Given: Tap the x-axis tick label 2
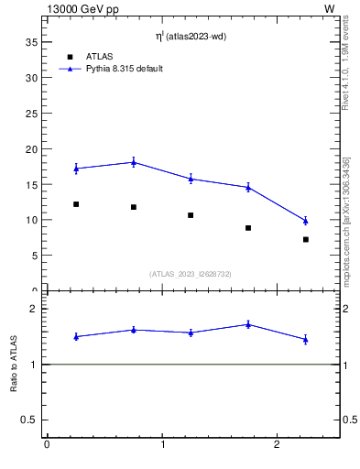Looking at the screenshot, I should [277, 445].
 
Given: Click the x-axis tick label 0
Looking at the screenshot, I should [47, 445].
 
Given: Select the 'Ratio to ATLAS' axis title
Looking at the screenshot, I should [14, 364].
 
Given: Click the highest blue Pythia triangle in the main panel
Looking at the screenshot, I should [134, 162].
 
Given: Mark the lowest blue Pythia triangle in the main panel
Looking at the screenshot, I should [305, 221].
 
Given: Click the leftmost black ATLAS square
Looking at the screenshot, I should [76, 204].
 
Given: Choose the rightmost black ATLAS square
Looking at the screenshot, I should [305, 239].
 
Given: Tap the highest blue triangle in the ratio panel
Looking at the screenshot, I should [248, 324].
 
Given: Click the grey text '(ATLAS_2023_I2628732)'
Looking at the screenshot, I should [191, 274].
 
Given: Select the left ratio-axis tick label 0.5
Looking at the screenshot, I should [30, 420].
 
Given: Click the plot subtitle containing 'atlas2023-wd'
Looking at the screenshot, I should [190, 37].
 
